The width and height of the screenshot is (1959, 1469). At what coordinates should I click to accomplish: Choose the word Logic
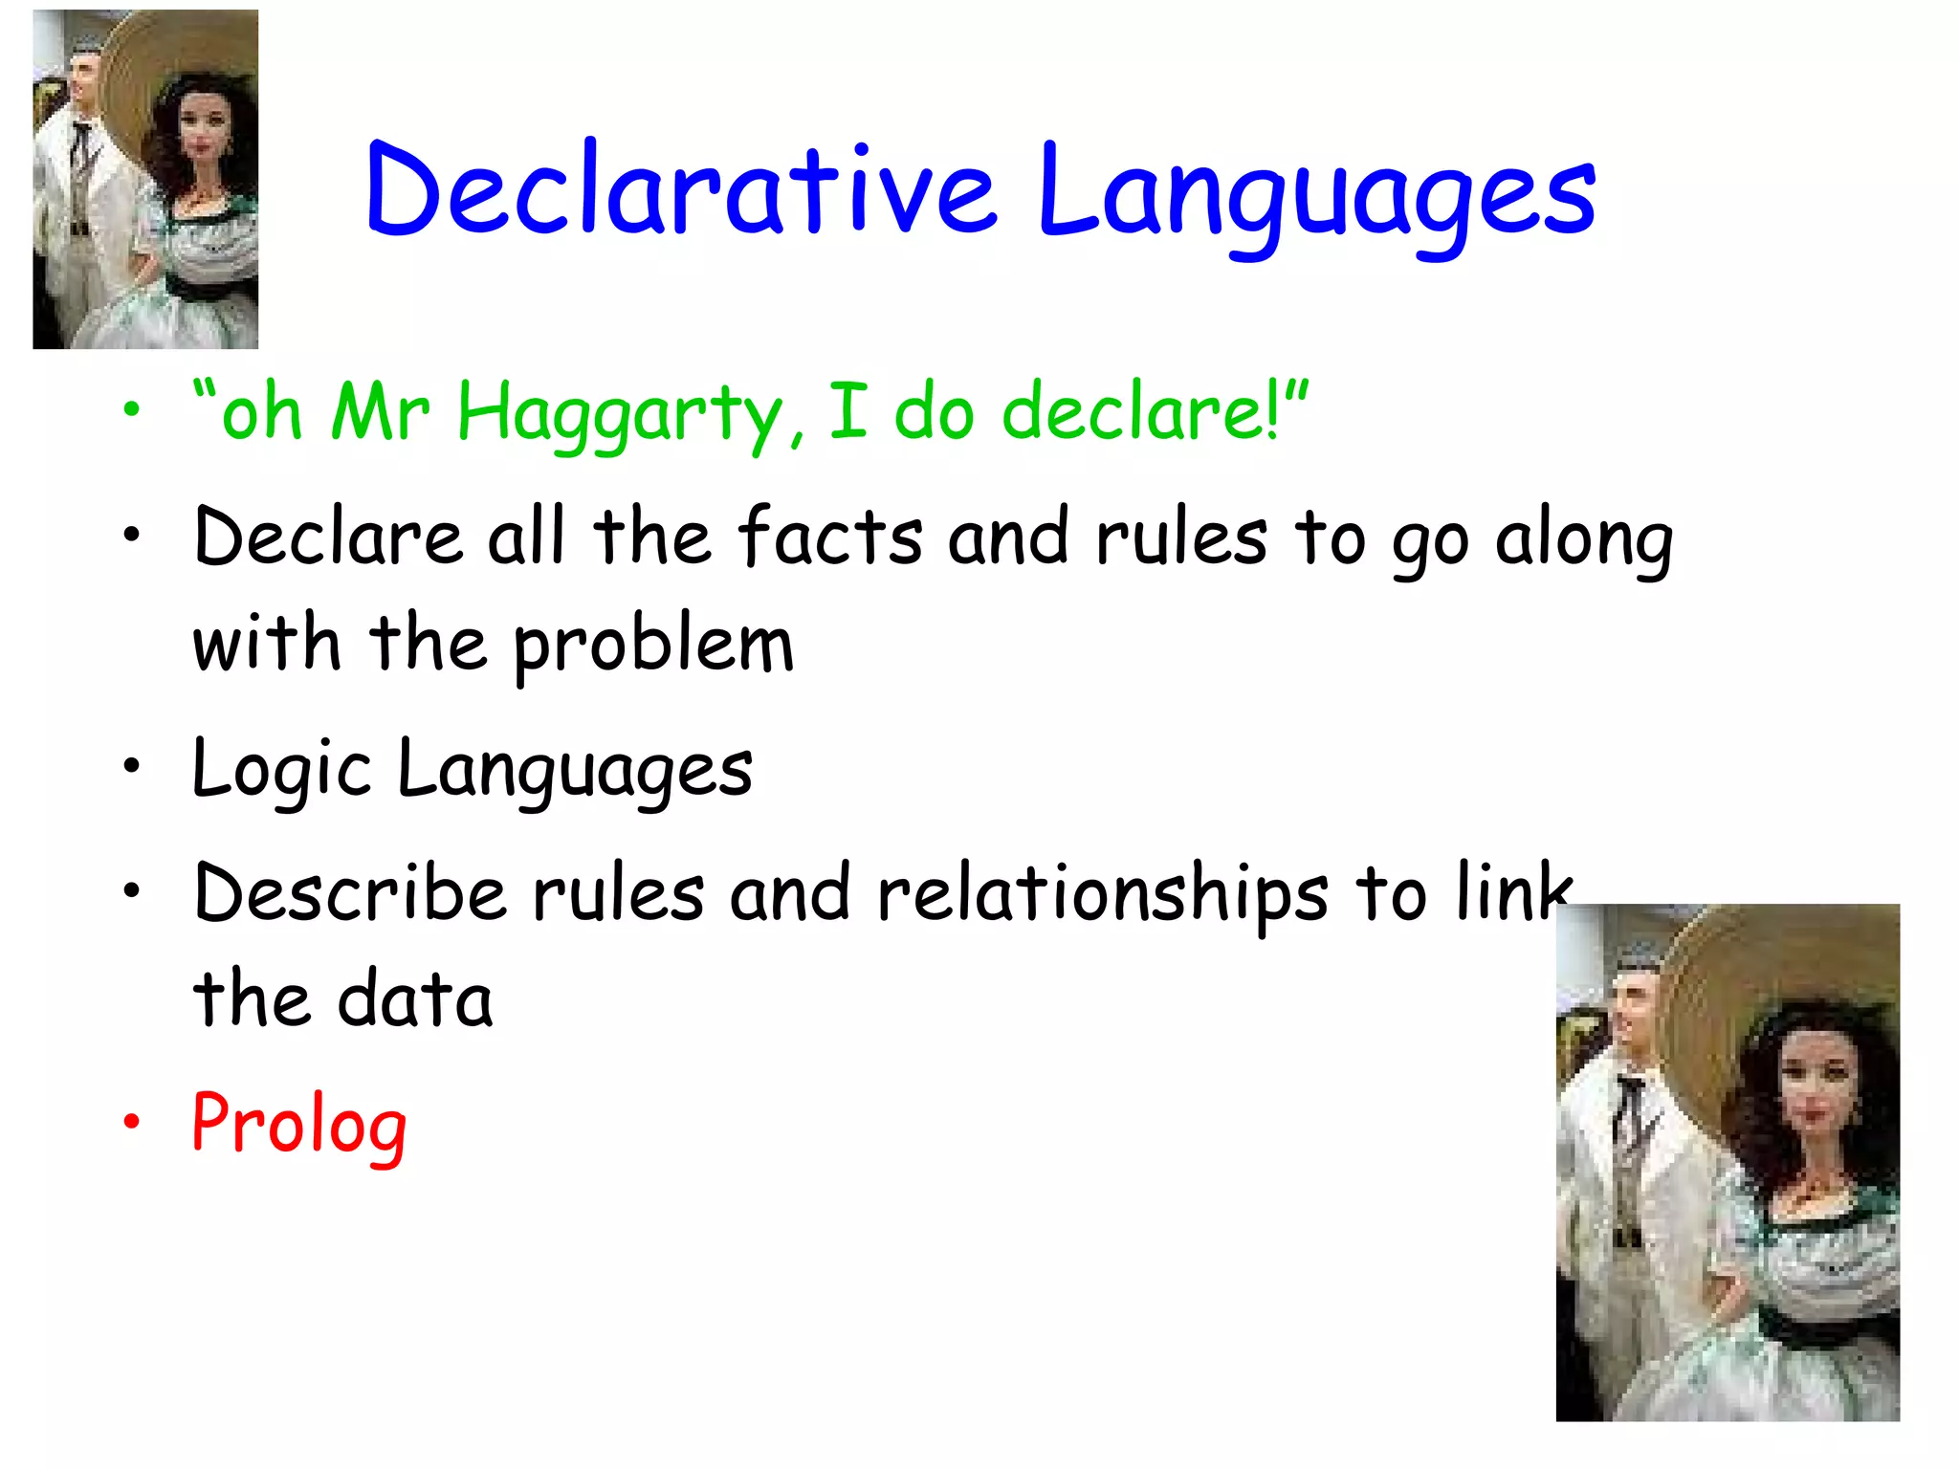point(281,770)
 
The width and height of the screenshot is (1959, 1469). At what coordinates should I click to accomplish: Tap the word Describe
point(350,893)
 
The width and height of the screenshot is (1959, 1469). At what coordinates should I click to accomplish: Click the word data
point(415,998)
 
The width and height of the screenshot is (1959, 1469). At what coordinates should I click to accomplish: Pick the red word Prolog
point(299,1125)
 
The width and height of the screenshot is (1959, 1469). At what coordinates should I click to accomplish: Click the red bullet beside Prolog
point(132,1121)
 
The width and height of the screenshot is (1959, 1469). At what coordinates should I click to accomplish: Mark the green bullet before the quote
point(132,410)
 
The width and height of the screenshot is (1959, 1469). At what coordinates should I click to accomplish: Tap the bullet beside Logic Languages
point(132,765)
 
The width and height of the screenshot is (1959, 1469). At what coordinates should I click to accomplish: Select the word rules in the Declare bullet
point(1181,537)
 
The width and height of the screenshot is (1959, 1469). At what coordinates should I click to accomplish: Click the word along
point(1583,540)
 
